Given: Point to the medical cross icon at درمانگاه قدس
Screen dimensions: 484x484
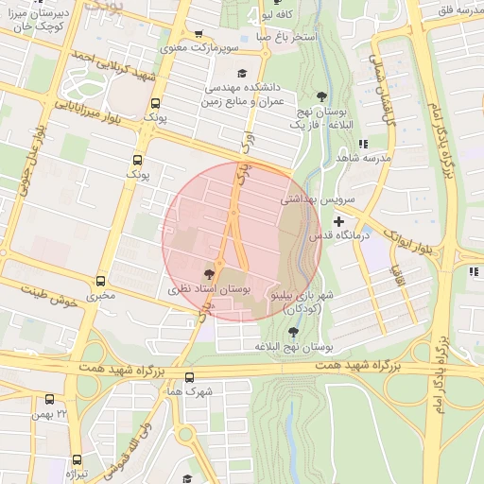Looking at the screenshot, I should pyautogui.click(x=337, y=220).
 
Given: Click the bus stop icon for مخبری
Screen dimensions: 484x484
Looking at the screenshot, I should pyautogui.click(x=101, y=281).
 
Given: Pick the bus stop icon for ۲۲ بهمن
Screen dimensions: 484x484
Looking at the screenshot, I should pyautogui.click(x=52, y=400).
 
